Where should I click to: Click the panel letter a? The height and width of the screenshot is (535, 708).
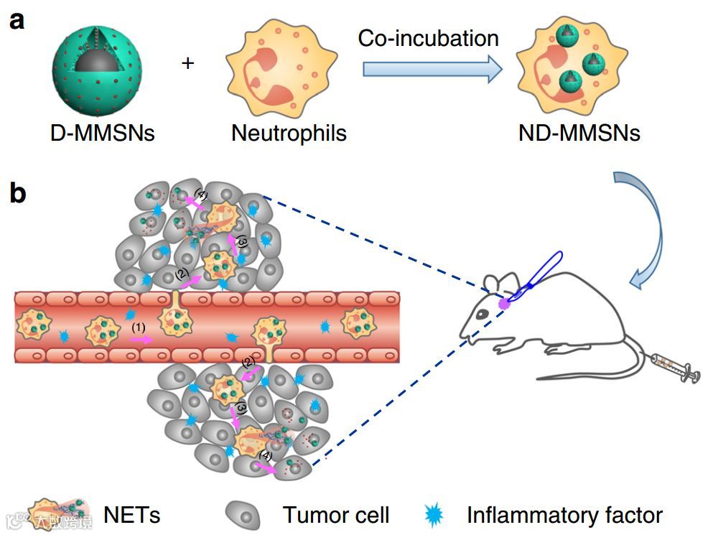coord(17,19)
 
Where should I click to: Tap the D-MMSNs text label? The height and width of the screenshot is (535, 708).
coord(103,133)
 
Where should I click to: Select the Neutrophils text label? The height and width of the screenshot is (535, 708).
coord(289,133)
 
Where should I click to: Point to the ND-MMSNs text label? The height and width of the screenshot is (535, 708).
coord(579,133)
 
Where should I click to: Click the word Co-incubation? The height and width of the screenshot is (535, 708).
coord(428,38)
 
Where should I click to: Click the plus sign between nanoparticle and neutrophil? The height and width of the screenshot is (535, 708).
coord(187,63)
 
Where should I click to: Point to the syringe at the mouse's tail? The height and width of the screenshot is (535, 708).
coord(675,367)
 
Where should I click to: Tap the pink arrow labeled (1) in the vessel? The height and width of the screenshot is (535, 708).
coord(140,338)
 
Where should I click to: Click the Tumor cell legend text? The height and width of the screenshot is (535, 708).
coord(335,514)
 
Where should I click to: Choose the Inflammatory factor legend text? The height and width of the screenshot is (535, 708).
coord(564,514)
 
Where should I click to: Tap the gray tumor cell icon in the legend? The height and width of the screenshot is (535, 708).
coord(244,514)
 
